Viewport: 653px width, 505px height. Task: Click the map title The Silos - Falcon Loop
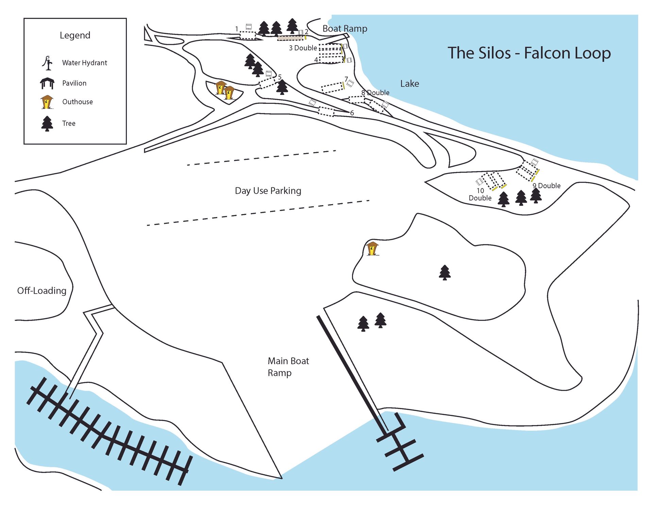[529, 53]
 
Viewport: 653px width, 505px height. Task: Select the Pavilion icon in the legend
[47, 83]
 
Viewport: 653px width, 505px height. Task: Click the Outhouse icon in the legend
[47, 102]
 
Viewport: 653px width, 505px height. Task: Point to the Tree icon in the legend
[47, 124]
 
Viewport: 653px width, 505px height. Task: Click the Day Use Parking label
[268, 191]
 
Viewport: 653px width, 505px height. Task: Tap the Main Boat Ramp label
[288, 367]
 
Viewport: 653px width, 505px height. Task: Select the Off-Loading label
[41, 291]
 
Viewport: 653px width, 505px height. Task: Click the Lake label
[409, 84]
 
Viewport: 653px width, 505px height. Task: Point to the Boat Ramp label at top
[345, 29]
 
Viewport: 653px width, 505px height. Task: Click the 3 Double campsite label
[303, 48]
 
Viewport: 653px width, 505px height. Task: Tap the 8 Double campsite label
[375, 93]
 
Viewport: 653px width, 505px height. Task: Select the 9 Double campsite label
[546, 186]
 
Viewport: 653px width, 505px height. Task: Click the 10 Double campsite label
[480, 194]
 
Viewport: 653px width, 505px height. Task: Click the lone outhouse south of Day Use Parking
[372, 248]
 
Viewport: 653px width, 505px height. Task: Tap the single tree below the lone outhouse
[445, 273]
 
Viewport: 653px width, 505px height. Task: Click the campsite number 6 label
[352, 113]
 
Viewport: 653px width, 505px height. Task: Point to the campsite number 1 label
[237, 29]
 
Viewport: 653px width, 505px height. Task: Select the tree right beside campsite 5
[282, 87]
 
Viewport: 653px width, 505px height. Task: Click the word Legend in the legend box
[75, 35]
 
